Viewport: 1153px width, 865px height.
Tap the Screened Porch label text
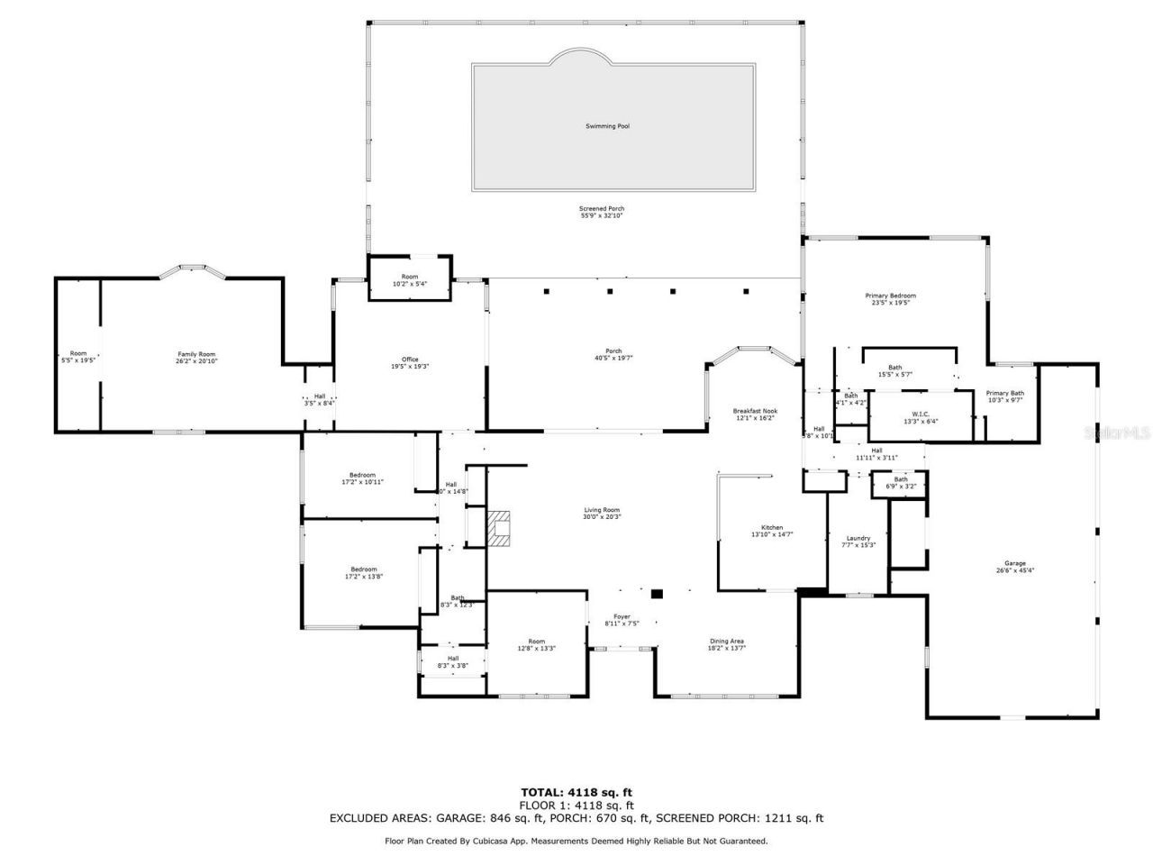[601, 209]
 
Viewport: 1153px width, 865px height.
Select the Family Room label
[196, 354]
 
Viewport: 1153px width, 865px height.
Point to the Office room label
[410, 360]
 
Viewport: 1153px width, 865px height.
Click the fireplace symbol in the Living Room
[499, 529]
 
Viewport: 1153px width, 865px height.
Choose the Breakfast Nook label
[755, 411]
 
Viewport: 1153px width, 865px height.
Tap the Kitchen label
[772, 528]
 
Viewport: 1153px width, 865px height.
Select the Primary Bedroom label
[890, 296]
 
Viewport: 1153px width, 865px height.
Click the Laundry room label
[858, 538]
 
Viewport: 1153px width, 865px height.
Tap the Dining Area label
[726, 642]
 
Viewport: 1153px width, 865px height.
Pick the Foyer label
[622, 616]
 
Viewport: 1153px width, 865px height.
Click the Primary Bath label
[1004, 393]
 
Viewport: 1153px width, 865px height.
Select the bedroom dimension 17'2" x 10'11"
[362, 482]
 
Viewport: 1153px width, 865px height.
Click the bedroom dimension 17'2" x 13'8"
[363, 576]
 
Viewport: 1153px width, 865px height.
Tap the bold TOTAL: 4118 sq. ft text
[576, 792]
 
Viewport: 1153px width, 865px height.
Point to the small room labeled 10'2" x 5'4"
[410, 284]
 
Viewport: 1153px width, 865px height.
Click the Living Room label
[602, 510]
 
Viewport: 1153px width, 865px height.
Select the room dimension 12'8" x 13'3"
[536, 648]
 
